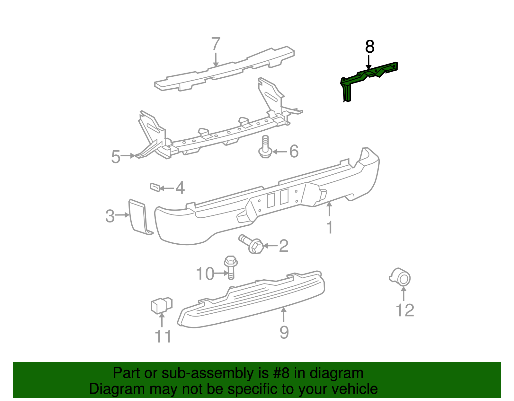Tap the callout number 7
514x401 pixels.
pos(216,44)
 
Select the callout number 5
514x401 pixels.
pos(116,157)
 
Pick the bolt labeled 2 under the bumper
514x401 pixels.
pos(252,245)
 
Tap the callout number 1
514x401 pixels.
pos(330,227)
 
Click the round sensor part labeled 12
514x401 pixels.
pos(401,277)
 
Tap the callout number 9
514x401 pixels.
pos(284,332)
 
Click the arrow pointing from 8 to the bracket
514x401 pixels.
pos(369,62)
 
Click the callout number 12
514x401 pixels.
pos(405,310)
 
